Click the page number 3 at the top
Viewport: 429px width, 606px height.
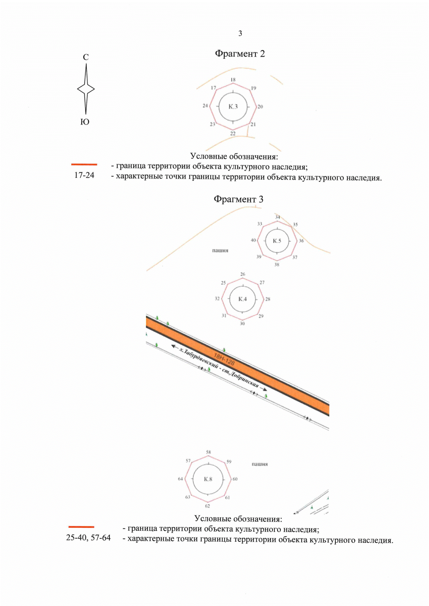(240, 33)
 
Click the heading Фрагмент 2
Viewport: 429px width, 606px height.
(240, 54)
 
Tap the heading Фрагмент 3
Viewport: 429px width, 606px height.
(238, 199)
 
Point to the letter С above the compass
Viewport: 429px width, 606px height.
(85, 57)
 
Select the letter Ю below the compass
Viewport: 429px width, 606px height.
(85, 122)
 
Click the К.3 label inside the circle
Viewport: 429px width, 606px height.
(233, 106)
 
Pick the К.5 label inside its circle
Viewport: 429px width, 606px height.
(277, 241)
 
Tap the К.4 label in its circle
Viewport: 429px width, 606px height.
(242, 299)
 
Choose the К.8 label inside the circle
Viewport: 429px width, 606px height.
(208, 479)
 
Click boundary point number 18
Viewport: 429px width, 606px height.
(233, 80)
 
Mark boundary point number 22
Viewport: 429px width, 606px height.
(233, 133)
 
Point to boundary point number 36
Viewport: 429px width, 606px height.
(301, 241)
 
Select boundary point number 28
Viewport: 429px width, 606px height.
(267, 299)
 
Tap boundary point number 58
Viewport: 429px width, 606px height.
(208, 452)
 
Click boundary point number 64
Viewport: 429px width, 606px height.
(181, 479)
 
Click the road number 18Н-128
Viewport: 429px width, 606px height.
(224, 359)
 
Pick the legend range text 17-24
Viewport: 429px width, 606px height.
(84, 175)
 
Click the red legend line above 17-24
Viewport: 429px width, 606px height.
(84, 164)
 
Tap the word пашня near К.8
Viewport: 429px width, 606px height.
(260, 464)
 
